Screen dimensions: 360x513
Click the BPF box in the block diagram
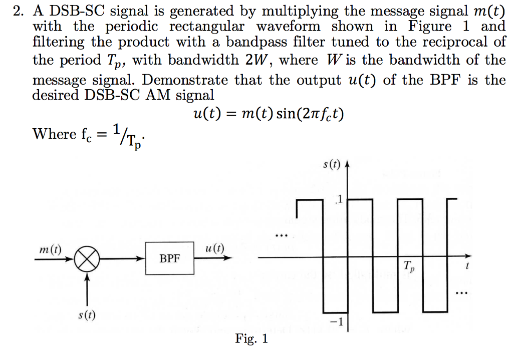point(170,258)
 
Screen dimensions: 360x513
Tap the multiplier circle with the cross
point(87,259)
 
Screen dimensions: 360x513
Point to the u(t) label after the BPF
point(215,248)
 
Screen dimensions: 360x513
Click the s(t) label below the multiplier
point(88,315)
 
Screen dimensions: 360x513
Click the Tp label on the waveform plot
point(409,266)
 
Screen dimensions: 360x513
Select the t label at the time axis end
point(467,267)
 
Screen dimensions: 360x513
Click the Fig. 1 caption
point(251,339)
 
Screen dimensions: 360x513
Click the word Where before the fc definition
point(54,134)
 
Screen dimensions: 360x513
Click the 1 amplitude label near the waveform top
point(339,200)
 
